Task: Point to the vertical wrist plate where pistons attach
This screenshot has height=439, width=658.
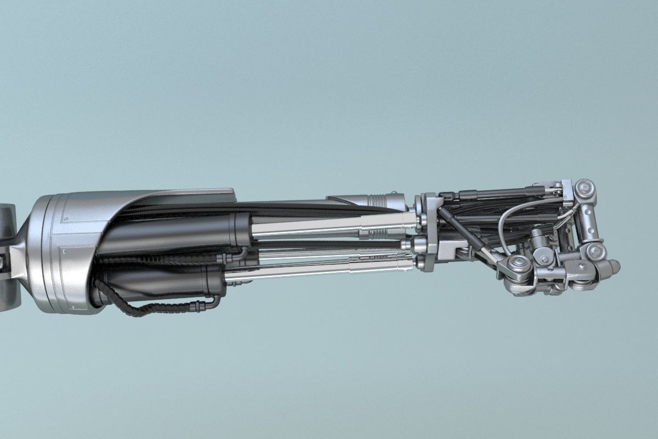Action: (x=430, y=230)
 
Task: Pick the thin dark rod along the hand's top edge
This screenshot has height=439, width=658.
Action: (x=493, y=193)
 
